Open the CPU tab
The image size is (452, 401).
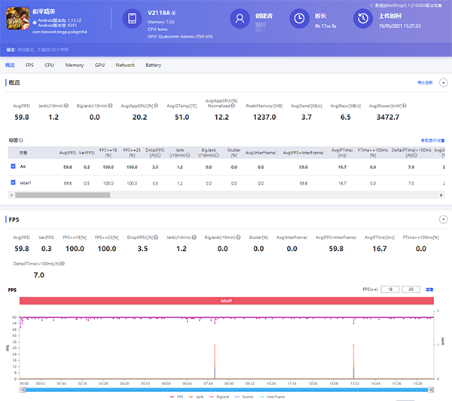(x=49, y=66)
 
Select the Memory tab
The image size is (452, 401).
(x=75, y=66)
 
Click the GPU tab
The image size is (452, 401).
(x=99, y=66)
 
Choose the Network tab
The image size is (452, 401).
(x=125, y=66)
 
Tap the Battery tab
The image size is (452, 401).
(x=153, y=66)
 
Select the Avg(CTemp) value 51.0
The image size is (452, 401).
(x=182, y=117)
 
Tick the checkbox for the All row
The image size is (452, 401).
(x=14, y=166)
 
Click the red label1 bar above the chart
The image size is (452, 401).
(x=226, y=301)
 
